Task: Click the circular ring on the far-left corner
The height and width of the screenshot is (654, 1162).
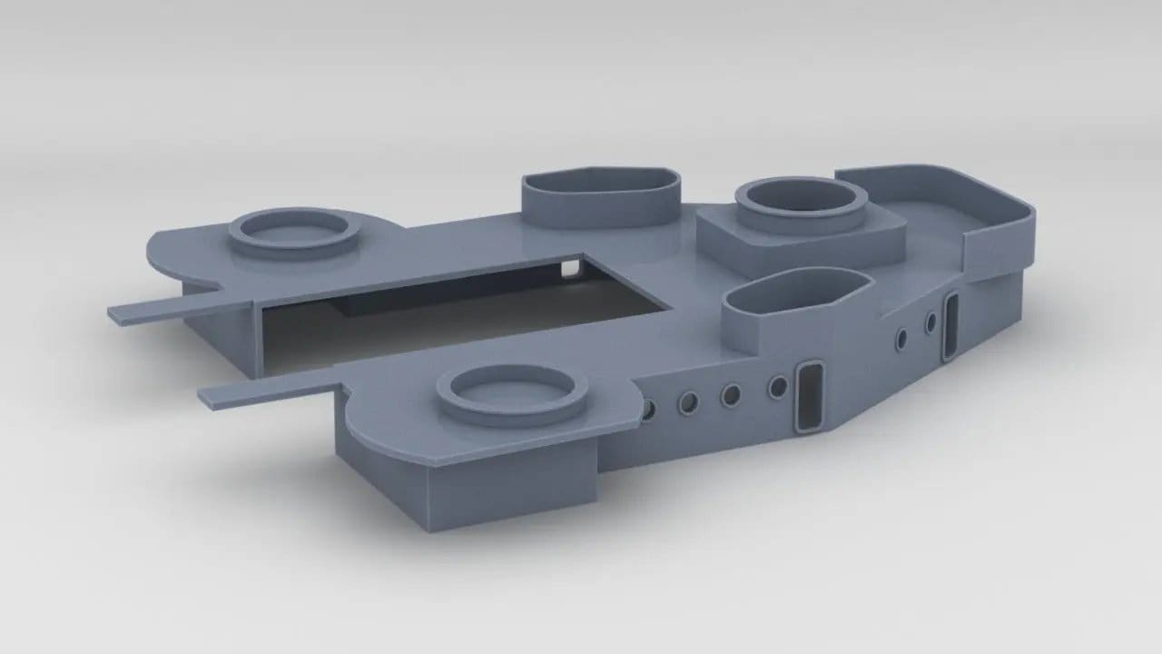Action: pos(293,232)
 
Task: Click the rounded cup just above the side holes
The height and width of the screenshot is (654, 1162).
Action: pos(794,304)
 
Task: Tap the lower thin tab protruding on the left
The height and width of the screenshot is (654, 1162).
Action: pos(263,388)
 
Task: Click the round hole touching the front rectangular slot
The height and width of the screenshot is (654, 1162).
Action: pos(778,388)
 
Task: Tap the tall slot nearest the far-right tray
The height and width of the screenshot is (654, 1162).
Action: pos(951,327)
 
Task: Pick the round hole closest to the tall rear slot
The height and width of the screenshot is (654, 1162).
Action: pos(931,322)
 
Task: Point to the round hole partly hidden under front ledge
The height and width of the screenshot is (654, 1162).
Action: pos(647,410)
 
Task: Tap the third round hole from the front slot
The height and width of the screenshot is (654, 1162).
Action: pos(688,401)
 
